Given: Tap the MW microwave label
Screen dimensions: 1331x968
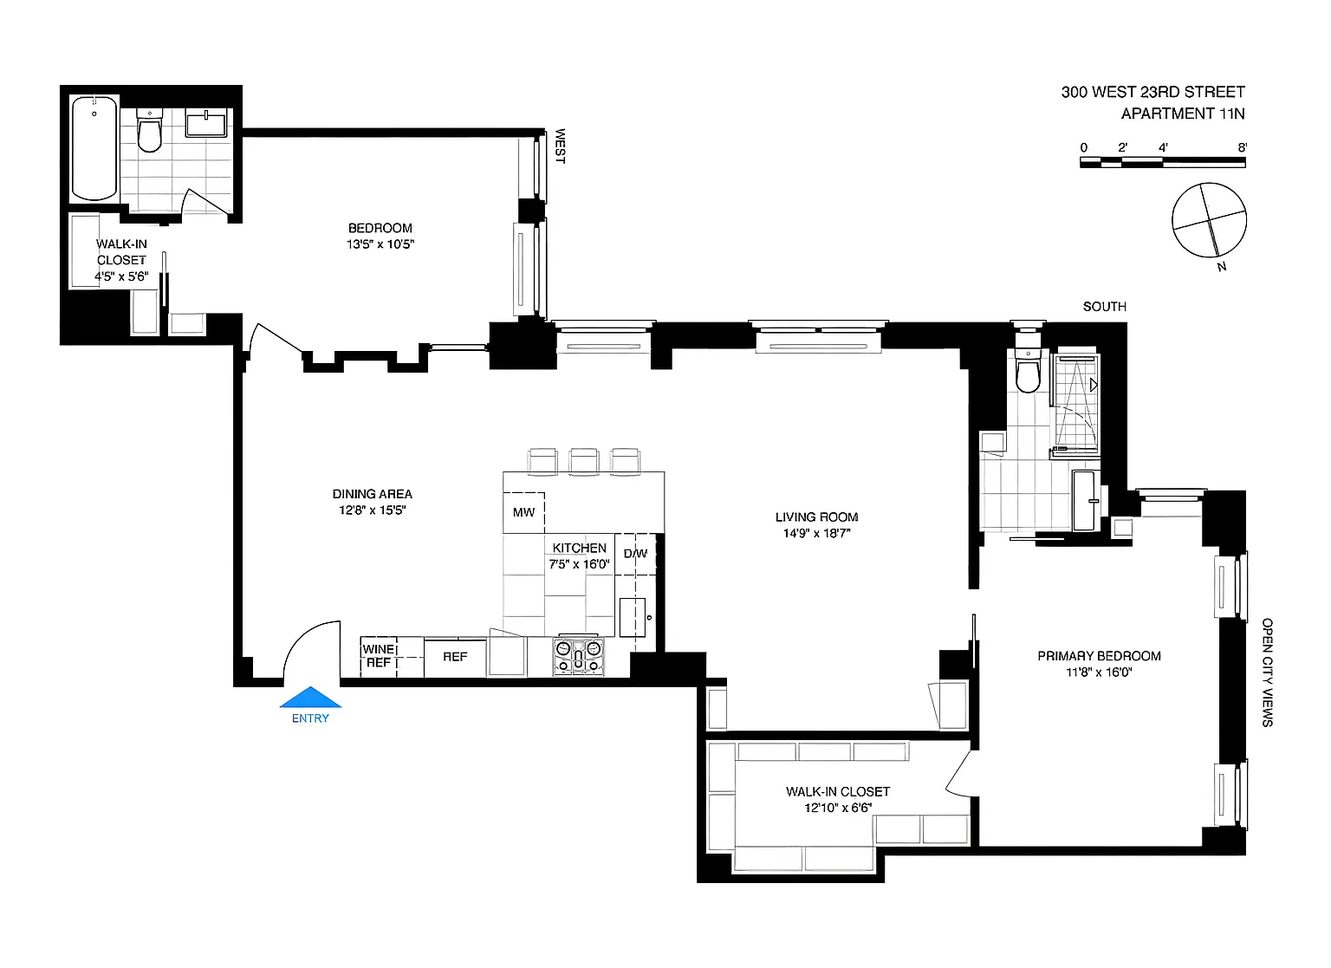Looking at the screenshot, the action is (x=523, y=512).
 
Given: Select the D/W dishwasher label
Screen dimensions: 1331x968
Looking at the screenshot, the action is (x=635, y=554).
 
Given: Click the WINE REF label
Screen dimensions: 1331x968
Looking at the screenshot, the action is (x=379, y=656).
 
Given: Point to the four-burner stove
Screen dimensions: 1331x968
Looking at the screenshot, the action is (x=579, y=656).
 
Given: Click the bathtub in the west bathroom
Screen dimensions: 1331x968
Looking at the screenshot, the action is (x=94, y=148).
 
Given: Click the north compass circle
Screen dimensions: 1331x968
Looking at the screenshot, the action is (x=1209, y=220).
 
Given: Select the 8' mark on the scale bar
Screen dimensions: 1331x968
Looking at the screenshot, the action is (x=1242, y=147).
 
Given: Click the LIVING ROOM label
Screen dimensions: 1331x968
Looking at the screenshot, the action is (x=816, y=517).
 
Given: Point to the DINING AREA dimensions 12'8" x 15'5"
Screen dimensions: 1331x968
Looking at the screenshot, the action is (x=372, y=510).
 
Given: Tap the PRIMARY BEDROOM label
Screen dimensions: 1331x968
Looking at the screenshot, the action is (x=1099, y=656).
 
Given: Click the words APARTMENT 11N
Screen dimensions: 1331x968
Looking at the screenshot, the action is (x=1183, y=114).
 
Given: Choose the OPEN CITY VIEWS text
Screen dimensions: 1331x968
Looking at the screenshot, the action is (x=1268, y=672).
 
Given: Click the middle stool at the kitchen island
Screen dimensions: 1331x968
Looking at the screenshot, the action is (x=583, y=462).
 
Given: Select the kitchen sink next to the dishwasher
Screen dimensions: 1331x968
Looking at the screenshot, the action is (x=633, y=617).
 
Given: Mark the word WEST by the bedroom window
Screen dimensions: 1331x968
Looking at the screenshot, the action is (x=560, y=146).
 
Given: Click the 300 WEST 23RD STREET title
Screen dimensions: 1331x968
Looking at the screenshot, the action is (x=1152, y=92).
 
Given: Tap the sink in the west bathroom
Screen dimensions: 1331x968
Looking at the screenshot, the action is (x=205, y=124).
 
